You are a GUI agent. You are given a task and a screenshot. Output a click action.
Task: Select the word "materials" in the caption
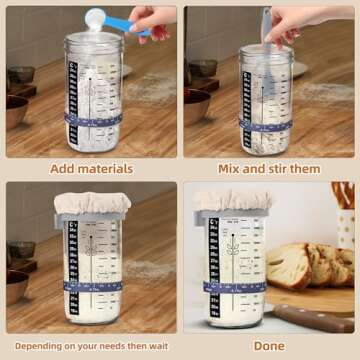click(x=107, y=168)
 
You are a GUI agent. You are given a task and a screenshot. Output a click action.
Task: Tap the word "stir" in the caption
click(x=286, y=168)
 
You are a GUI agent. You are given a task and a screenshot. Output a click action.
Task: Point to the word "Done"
click(x=268, y=346)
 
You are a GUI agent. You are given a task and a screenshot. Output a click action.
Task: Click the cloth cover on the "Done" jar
click(x=232, y=199)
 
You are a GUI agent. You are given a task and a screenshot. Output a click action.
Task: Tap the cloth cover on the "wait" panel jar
click(x=92, y=202)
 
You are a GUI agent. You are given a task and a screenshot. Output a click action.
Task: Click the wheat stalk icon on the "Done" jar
click(x=232, y=245)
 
